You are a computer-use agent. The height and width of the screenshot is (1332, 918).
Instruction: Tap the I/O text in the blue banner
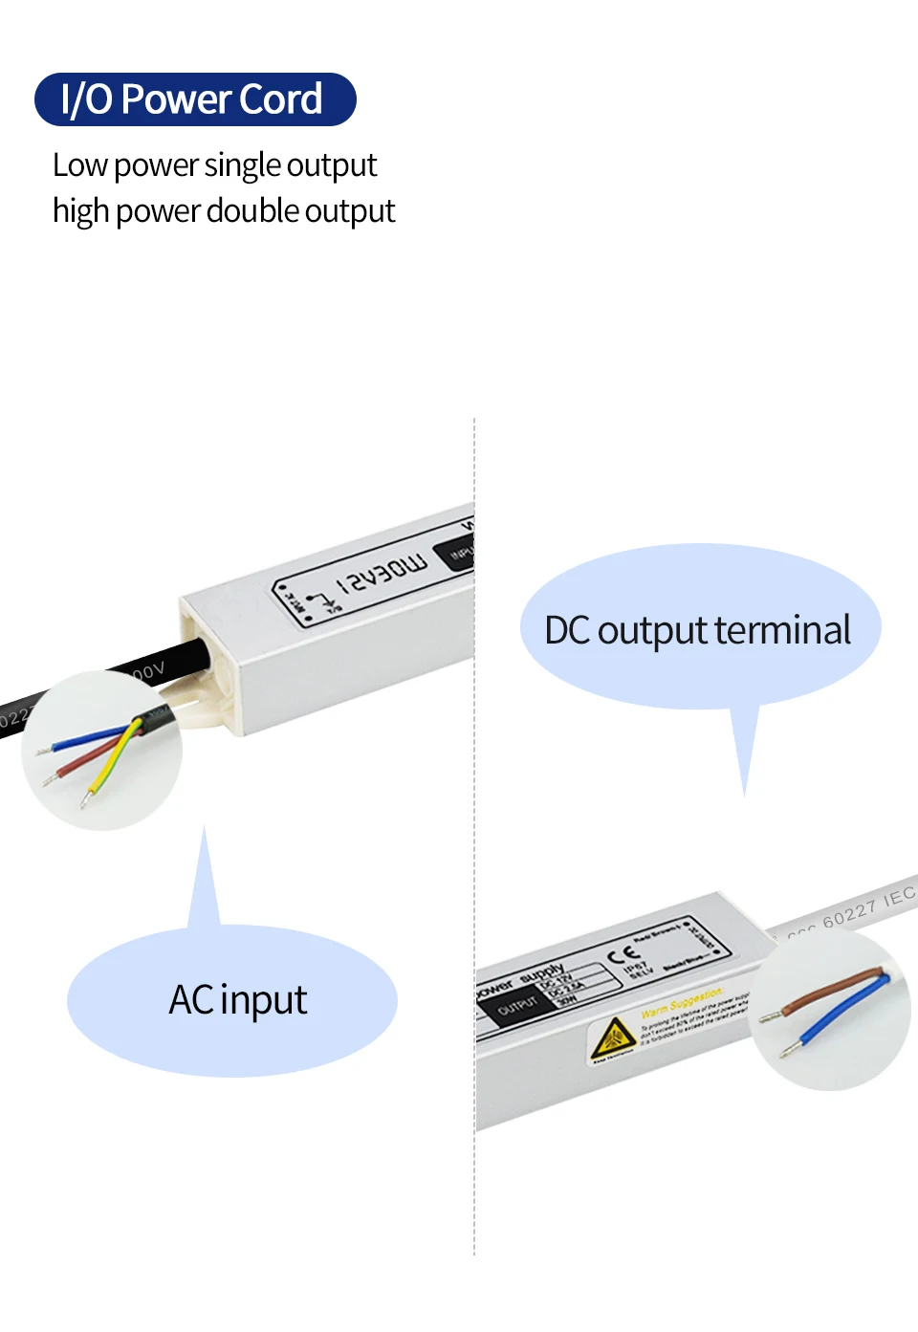click(87, 99)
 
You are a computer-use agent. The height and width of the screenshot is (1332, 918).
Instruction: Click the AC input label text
click(238, 1000)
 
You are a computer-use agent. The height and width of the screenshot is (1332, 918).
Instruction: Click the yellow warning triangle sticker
click(612, 1037)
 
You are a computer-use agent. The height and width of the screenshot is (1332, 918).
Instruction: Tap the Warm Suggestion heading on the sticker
click(681, 1003)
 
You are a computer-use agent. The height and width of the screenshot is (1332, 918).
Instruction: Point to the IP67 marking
click(635, 967)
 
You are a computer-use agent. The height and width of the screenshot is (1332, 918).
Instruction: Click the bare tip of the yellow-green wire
click(85, 797)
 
